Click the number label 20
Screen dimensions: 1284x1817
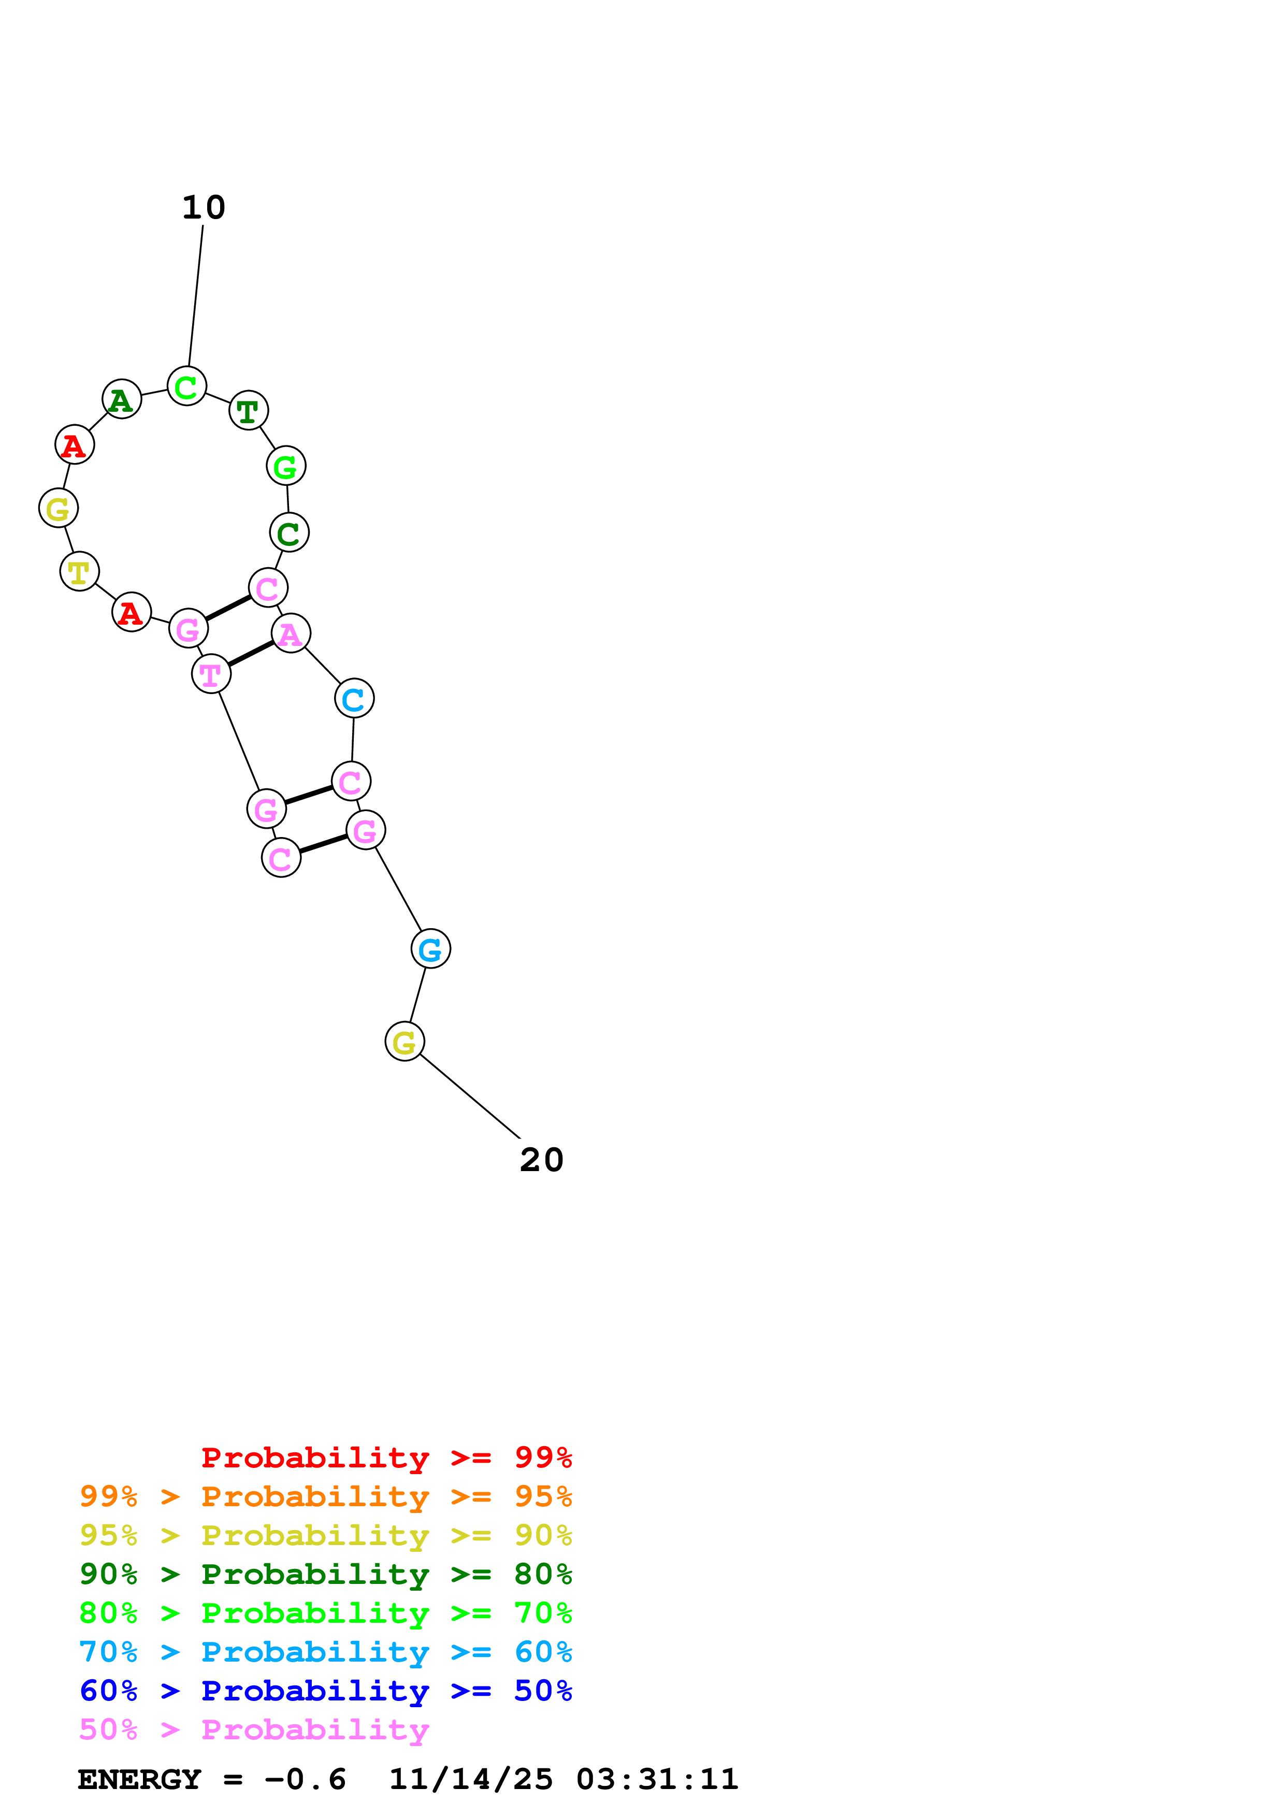[x=541, y=1160]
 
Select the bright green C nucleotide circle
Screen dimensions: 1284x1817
[x=186, y=387]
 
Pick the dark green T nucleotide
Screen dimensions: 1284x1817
[x=249, y=411]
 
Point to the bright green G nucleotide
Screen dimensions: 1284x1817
[x=285, y=466]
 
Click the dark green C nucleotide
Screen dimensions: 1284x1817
[x=289, y=532]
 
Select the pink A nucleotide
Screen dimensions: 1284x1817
[x=291, y=633]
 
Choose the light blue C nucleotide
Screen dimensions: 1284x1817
[x=354, y=699]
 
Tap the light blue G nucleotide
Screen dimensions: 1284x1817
[x=430, y=949]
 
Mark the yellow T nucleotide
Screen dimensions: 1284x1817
[x=79, y=571]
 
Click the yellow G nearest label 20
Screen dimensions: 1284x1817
[x=405, y=1042]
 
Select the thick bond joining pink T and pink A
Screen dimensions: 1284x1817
[x=251, y=654]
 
